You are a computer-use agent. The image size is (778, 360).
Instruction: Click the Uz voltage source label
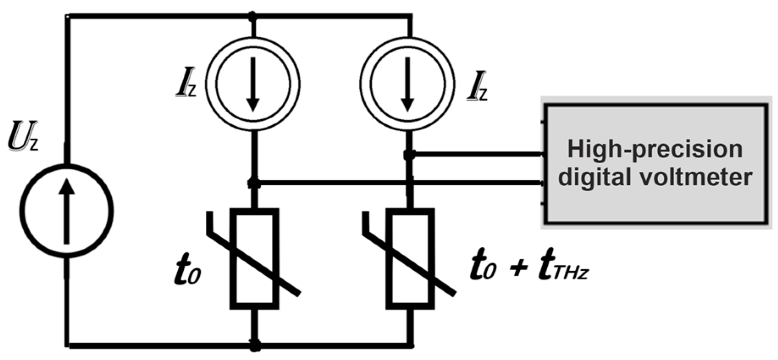[x=24, y=137]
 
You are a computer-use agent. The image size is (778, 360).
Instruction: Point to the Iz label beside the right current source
[x=477, y=89]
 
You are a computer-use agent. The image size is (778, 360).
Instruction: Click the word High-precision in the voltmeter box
[x=654, y=149]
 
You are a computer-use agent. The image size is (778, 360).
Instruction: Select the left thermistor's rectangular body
[x=254, y=258]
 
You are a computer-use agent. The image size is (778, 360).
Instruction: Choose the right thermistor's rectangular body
[x=410, y=258]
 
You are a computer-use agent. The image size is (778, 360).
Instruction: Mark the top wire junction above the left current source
[x=253, y=16]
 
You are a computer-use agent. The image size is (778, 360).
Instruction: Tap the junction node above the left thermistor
[x=254, y=183]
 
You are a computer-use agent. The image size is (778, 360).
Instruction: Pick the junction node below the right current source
[x=408, y=155]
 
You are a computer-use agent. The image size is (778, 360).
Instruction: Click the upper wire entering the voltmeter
[x=478, y=155]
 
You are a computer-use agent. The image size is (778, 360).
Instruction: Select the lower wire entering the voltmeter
[x=402, y=183]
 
